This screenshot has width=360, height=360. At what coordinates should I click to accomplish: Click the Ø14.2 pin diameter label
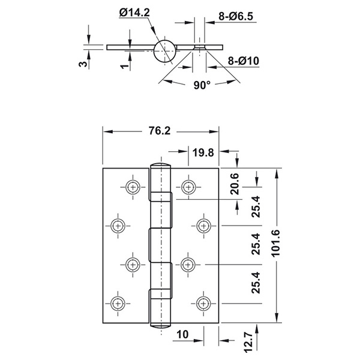pos(134,13)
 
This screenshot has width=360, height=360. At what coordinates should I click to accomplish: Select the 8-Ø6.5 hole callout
pos(236,16)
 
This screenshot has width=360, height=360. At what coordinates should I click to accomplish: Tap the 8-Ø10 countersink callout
pos(244,61)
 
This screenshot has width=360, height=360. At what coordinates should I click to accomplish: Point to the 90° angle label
pos(202,85)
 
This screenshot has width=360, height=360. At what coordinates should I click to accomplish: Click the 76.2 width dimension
pos(160,131)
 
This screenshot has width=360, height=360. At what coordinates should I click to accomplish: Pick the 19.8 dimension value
pos(203,152)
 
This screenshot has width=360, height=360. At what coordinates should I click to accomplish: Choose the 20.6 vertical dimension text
pos(235,184)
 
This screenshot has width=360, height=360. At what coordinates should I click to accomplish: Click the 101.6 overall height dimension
pos(276,243)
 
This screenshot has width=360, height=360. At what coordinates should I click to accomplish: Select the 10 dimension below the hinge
pos(182,335)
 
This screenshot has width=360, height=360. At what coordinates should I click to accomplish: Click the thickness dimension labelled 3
pos(83,64)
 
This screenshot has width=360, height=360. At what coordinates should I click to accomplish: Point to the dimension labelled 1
pos(124,67)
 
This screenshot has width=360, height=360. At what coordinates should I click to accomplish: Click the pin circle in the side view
pos(165,51)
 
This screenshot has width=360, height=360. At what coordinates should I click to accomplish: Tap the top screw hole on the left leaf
pos(133,187)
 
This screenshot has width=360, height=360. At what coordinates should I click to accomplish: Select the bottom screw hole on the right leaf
pos(203,304)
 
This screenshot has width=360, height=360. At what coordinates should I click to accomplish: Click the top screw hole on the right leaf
pos(188,187)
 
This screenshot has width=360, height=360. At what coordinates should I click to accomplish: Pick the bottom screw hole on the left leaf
pos(118,304)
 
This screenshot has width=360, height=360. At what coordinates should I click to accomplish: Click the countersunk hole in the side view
pos(200,47)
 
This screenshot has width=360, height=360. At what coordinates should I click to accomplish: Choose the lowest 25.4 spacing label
pos(256,283)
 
